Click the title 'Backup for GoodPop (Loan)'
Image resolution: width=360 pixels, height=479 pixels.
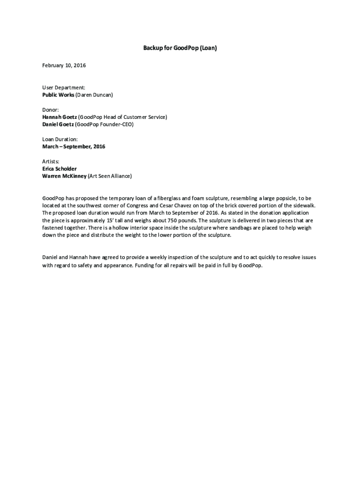pyautogui.click(x=180, y=48)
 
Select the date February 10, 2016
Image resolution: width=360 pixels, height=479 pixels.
pyautogui.click(x=64, y=65)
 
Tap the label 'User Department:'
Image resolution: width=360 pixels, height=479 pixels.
pyautogui.click(x=64, y=87)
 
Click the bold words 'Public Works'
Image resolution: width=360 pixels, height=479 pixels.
pyautogui.click(x=58, y=95)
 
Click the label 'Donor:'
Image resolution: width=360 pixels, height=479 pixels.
pyautogui.click(x=51, y=109)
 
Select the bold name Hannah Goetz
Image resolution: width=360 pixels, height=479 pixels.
pyautogui.click(x=59, y=117)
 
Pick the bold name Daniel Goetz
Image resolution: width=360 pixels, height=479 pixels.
pyautogui.click(x=58, y=124)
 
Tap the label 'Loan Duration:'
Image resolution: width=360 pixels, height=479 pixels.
pyautogui.click(x=60, y=139)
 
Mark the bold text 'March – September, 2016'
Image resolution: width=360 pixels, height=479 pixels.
pyautogui.click(x=74, y=147)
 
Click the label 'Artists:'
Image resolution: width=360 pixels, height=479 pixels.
pyautogui.click(x=51, y=161)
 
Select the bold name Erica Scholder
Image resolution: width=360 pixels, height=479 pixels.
pyautogui.click(x=59, y=169)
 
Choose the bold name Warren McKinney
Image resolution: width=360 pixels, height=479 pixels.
pyautogui.click(x=64, y=176)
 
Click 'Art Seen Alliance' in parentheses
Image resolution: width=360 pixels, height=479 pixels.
pyautogui.click(x=110, y=176)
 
